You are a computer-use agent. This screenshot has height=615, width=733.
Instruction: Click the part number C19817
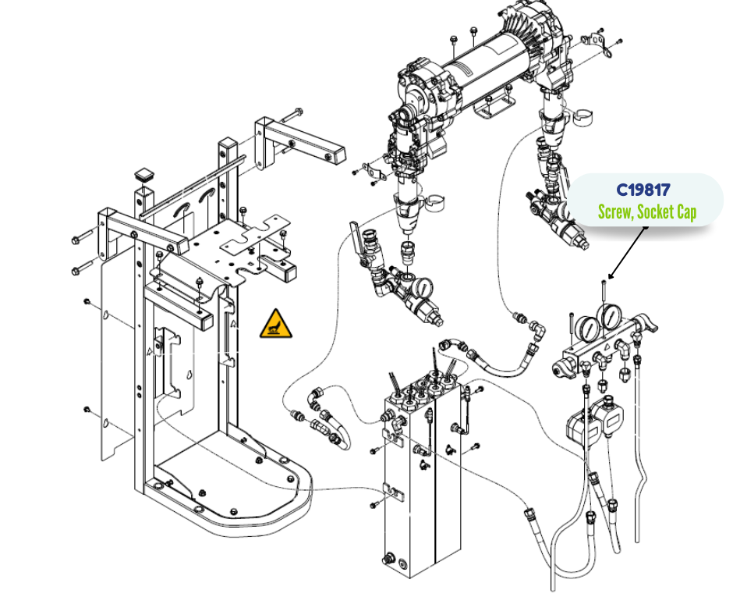tap(643, 190)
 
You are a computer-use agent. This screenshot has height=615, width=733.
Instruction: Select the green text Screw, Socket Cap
tap(646, 212)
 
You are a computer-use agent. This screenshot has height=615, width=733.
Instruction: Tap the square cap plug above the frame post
tap(143, 173)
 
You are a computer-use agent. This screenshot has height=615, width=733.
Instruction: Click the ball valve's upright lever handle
tap(356, 235)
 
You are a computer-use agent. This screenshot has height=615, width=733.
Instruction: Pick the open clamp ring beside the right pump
tap(581, 117)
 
